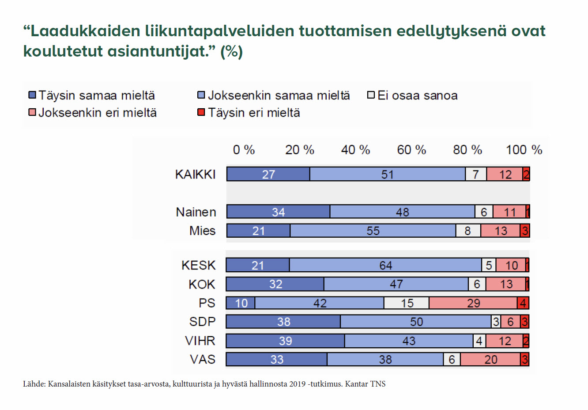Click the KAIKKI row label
coord(195,175)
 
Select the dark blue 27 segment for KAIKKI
coord(268,175)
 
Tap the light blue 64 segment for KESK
coord(385,265)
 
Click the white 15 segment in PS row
coord(406,303)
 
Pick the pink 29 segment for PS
coord(473,303)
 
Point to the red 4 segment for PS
coord(524,303)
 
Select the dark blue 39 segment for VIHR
coord(285,341)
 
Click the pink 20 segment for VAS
coord(490,360)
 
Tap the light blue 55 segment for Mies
coord(373,231)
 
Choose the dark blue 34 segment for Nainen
coord(278,212)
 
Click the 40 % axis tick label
coord(355,150)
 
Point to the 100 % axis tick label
coord(524,150)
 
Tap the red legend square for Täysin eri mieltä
coord(201,113)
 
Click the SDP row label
coord(202,322)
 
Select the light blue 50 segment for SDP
coord(416,322)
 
